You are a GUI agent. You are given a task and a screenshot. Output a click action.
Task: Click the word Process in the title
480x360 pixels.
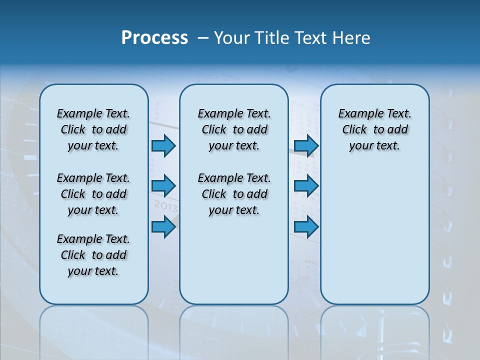point(154,37)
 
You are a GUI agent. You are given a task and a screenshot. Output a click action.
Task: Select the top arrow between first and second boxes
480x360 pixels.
point(163,145)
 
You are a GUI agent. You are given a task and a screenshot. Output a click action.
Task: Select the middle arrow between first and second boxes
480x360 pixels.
point(163,186)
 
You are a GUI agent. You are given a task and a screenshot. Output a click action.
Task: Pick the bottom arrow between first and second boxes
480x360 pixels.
point(163,227)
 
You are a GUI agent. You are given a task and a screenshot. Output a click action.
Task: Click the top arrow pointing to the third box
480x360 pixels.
point(306,145)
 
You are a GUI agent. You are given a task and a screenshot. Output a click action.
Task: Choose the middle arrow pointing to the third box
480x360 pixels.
point(306,186)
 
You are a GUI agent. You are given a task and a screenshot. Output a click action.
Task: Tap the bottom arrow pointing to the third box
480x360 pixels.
point(306,227)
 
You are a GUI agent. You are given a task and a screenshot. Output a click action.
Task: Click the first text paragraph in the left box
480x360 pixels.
point(93,129)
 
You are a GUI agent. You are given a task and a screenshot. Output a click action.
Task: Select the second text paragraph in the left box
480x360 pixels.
point(93,194)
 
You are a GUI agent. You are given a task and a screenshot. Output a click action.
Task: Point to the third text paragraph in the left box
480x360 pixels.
point(93,255)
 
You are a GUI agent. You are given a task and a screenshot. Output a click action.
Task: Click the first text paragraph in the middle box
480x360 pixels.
point(234,129)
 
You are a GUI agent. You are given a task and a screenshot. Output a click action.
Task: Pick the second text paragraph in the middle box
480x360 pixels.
point(234,194)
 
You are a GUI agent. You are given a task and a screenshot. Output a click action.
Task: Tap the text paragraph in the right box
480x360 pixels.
point(374,129)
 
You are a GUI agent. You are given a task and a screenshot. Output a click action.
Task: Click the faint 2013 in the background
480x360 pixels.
point(165,206)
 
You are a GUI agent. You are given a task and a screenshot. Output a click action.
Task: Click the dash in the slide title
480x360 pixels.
point(203,38)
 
